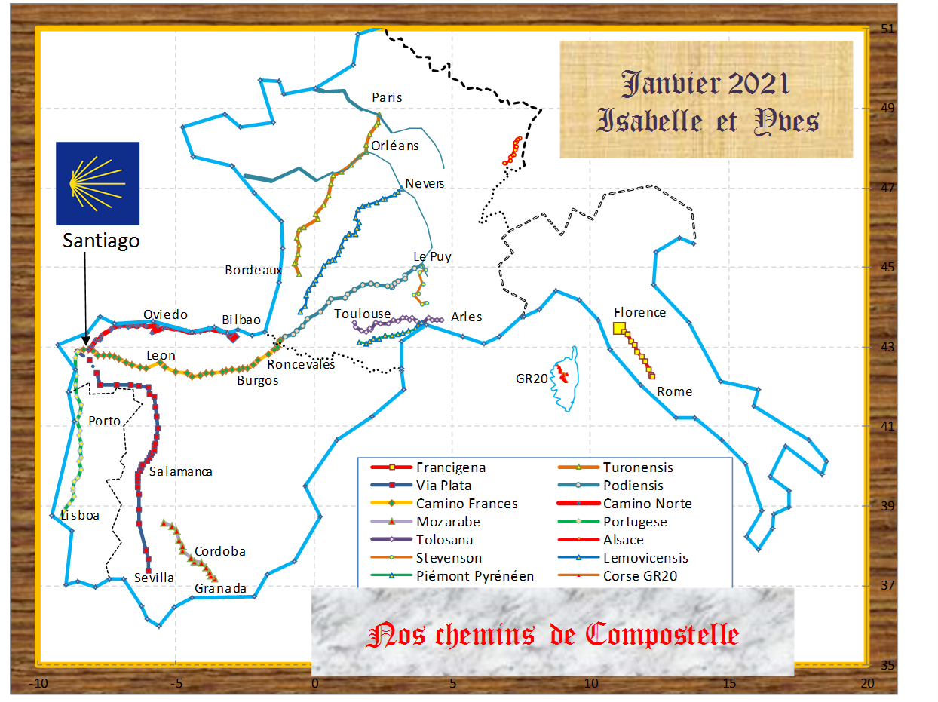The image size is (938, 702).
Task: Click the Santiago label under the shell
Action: point(100,241)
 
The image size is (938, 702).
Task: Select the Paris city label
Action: point(388,97)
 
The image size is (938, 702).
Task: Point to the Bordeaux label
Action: point(253,270)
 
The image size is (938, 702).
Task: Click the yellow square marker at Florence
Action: point(619,328)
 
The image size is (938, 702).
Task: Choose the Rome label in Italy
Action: point(674,391)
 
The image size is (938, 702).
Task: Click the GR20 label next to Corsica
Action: point(532,379)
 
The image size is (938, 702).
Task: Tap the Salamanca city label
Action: point(180,472)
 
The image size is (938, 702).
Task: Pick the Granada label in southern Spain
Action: point(220,588)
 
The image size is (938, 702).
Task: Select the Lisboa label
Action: point(79,516)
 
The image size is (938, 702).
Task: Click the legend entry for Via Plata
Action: point(443,486)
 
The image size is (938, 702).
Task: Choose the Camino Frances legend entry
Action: point(467,504)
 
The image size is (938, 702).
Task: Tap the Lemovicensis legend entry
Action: point(645,558)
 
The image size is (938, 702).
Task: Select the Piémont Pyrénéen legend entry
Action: point(475,576)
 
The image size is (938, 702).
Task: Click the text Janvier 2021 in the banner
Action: point(705,83)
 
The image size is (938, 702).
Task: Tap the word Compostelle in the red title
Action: point(661,635)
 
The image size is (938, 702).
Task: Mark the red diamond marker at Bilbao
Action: point(234,336)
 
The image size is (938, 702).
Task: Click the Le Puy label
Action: point(432,256)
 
